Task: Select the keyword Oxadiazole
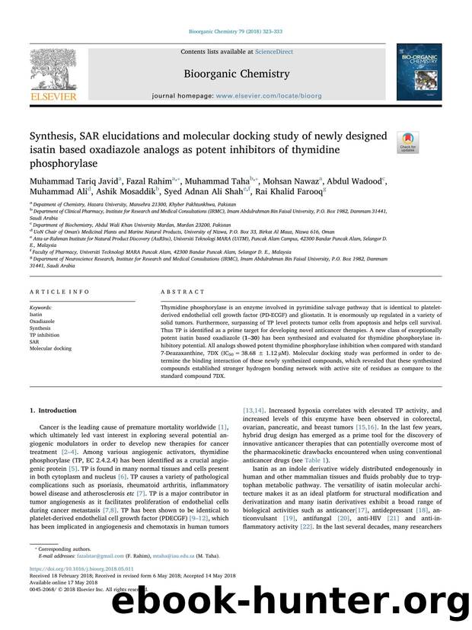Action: pos(43,321)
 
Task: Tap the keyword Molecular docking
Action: pos(50,348)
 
